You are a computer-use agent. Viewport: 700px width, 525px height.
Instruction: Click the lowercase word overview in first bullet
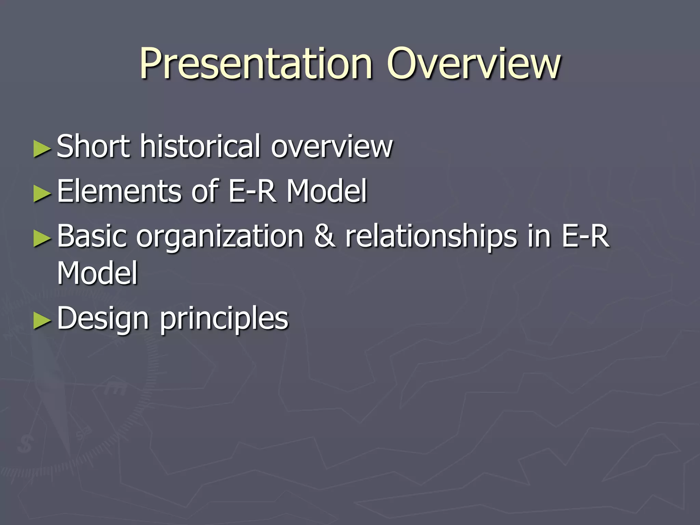[x=332, y=147]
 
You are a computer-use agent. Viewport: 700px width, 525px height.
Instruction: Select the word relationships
[x=431, y=237]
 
